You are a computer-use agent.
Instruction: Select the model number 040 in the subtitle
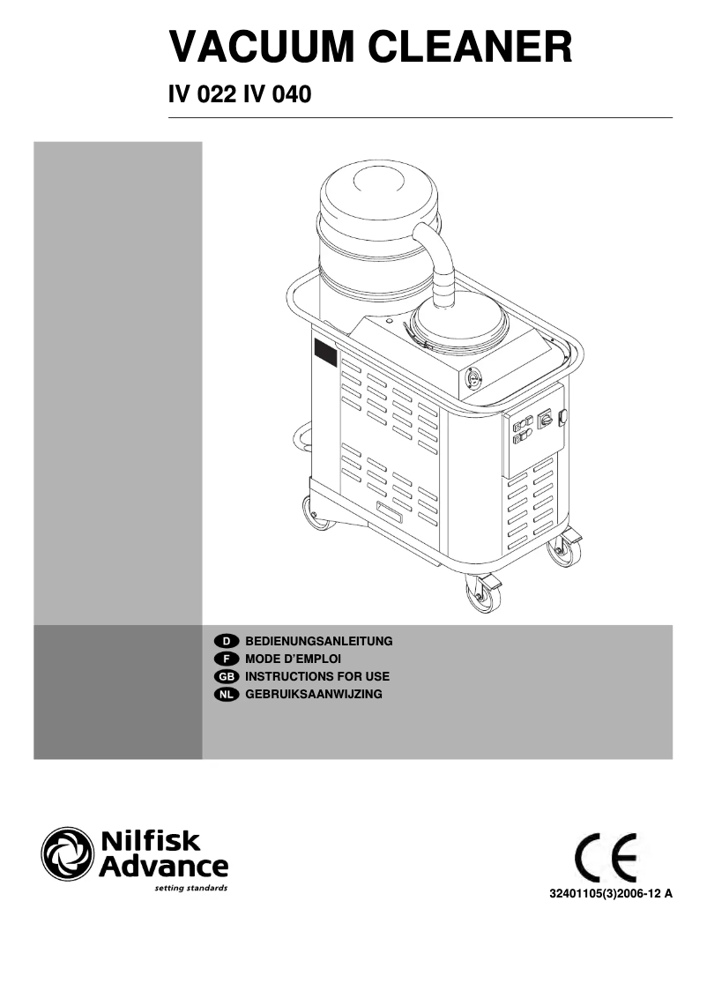pyautogui.click(x=290, y=94)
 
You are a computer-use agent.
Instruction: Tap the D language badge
pyautogui.click(x=227, y=640)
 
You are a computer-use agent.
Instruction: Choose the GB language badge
pyautogui.click(x=227, y=676)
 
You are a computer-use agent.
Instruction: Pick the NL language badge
pyautogui.click(x=227, y=695)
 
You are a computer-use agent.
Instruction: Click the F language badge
pyautogui.click(x=227, y=659)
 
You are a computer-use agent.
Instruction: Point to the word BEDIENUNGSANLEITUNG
pyautogui.click(x=318, y=640)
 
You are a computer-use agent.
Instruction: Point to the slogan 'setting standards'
pyautogui.click(x=190, y=888)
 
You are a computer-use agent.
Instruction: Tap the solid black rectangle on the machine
pyautogui.click(x=325, y=354)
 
